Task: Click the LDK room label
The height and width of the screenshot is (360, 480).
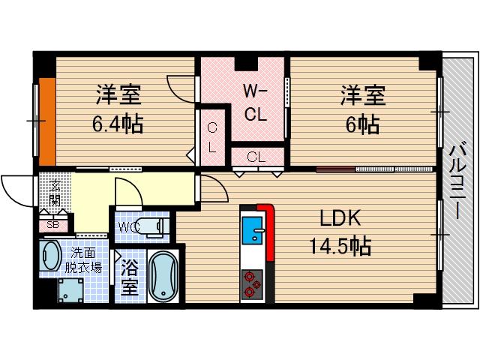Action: click(340, 219)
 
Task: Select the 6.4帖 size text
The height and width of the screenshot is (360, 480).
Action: click(118, 122)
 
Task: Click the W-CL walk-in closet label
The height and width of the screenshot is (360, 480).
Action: click(255, 103)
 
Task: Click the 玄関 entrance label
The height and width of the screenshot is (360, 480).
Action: click(55, 192)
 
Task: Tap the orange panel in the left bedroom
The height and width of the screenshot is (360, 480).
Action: click(47, 120)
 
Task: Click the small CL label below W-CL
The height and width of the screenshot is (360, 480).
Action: click(256, 157)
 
